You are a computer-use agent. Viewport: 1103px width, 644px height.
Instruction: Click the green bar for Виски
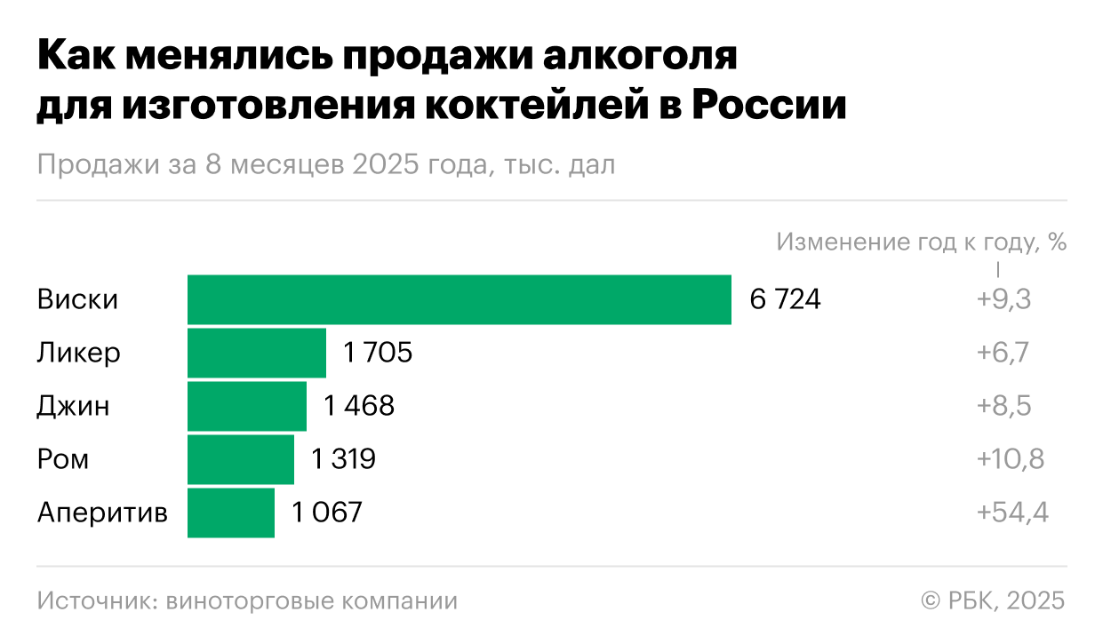pos(459,299)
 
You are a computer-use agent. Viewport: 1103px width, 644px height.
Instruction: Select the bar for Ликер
pos(256,353)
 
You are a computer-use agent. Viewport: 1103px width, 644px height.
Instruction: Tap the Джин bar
pos(246,406)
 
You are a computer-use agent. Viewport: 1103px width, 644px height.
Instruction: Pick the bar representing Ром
pos(240,459)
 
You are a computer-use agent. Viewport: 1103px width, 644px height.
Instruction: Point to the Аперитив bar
pos(230,513)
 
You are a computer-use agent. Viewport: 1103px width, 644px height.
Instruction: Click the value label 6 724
pos(785,300)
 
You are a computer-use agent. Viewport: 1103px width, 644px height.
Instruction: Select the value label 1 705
pos(378,354)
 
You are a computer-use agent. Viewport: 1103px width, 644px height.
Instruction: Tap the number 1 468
pos(358,407)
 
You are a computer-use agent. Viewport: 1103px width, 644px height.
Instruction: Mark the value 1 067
pos(327,513)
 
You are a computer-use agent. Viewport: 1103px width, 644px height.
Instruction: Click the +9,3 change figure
pos(1003,300)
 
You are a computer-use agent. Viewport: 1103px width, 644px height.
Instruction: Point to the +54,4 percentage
pos(1012,513)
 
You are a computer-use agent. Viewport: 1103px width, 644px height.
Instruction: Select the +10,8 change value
pos(1010,460)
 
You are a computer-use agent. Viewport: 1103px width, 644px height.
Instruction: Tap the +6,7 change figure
pos(1003,354)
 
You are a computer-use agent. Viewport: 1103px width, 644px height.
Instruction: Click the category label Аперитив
pos(102,513)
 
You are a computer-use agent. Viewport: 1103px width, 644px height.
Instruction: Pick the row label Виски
pos(77,300)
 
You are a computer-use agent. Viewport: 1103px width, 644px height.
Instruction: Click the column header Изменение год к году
pos(921,242)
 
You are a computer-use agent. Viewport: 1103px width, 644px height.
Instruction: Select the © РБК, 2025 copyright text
pos(992,600)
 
